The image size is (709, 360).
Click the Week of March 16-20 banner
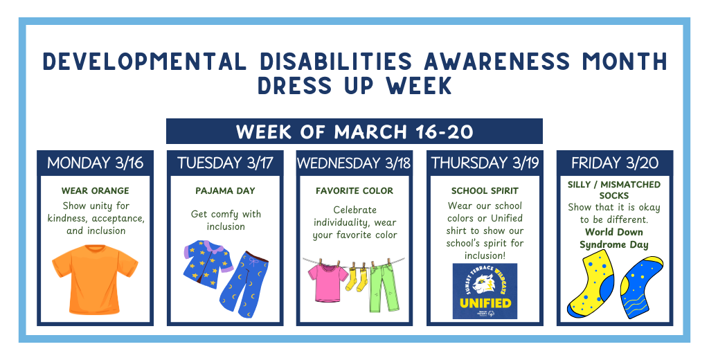point(354,132)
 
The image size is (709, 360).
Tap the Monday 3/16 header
point(95,163)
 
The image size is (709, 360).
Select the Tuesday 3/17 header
point(225,163)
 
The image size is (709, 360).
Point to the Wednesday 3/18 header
point(354,163)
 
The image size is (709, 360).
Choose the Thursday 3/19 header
point(485,163)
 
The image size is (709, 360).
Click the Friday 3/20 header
point(615,163)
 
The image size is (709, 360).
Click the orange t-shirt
point(95,280)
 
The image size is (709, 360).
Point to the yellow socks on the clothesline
point(357,278)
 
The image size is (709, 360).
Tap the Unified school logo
point(485,291)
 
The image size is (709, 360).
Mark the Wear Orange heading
point(95,190)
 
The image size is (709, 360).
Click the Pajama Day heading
point(225,190)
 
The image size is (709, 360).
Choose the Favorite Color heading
point(354,190)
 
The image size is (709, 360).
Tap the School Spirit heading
point(485,190)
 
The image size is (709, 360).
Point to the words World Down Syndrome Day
point(614,238)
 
